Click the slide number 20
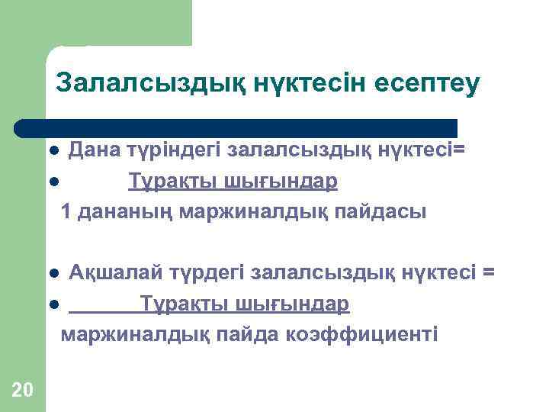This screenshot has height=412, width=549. [x=23, y=391]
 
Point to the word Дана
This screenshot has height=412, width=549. [x=91, y=150]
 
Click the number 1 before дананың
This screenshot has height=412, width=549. [x=66, y=211]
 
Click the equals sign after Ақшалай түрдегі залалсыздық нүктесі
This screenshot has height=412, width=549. [x=489, y=272]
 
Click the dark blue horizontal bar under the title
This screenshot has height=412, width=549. [x=236, y=127]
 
